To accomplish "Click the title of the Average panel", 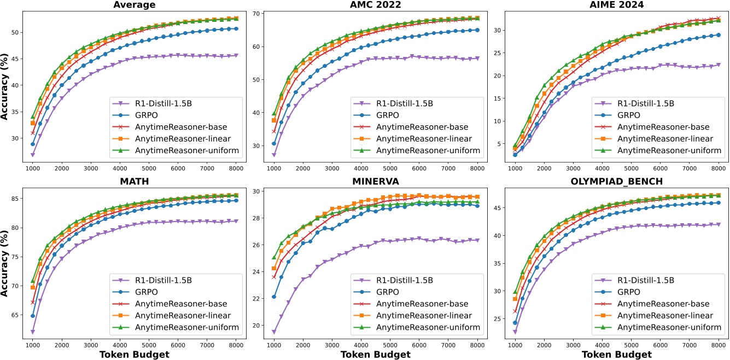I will click(x=134, y=5).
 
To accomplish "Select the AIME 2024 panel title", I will click(x=617, y=5).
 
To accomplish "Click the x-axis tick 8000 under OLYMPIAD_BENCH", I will click(x=719, y=346).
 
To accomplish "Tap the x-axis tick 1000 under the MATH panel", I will click(x=33, y=346).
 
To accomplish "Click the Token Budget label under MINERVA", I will click(x=375, y=355).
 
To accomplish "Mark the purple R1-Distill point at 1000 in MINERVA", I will click(x=274, y=332).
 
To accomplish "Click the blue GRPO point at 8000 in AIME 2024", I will click(x=719, y=35).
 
